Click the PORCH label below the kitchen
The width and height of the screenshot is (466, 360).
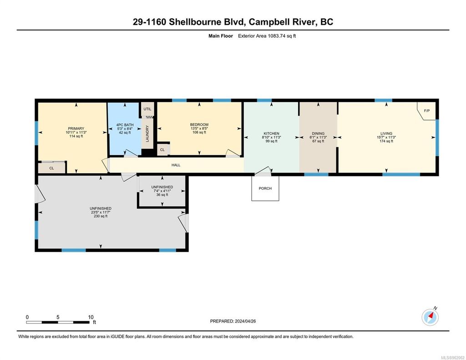coord(265,188)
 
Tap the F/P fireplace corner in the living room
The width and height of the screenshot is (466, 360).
coord(426,111)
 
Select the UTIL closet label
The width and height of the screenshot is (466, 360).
coord(147,109)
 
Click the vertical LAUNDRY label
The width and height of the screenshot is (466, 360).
coord(147,134)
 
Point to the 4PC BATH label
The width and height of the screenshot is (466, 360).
coord(122,124)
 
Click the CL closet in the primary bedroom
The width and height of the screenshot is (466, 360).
coord(51,168)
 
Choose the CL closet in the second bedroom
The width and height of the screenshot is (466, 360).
coord(162,149)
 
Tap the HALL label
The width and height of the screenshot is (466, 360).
coord(176,165)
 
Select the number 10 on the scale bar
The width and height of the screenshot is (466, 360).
coord(91,317)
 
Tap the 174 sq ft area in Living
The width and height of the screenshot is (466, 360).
coord(386,141)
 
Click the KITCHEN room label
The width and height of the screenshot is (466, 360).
coord(271,133)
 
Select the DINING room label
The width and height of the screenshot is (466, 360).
coord(318,133)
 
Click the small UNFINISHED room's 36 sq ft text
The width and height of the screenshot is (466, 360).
coord(162,194)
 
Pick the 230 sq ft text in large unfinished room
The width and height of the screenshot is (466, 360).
coord(101,216)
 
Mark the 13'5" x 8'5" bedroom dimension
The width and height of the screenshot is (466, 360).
coord(199,128)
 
